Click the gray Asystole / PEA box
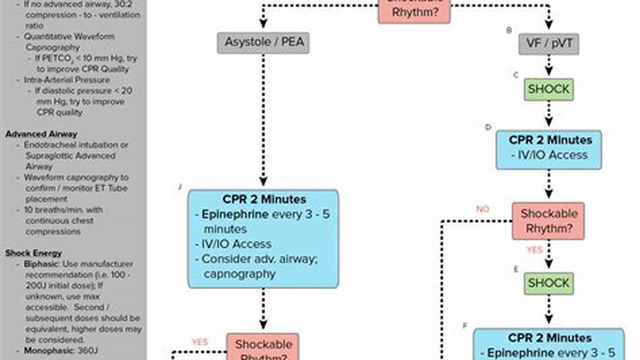click(263, 42)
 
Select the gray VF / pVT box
click(548, 44)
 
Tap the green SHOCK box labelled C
click(548, 89)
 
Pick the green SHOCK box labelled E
click(548, 283)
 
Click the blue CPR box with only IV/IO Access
click(548, 149)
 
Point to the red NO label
click(482, 209)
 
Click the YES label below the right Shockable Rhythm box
click(534, 249)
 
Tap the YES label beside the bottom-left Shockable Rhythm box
click(200, 342)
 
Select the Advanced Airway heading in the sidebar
click(41, 134)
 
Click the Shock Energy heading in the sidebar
click(34, 253)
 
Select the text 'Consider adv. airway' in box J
click(263, 259)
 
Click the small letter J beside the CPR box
click(180, 187)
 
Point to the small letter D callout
click(488, 127)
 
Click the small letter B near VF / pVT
click(509, 30)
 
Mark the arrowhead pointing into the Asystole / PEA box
click(263, 23)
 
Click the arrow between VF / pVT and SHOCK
click(548, 65)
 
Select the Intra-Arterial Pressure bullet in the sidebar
click(66, 80)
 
